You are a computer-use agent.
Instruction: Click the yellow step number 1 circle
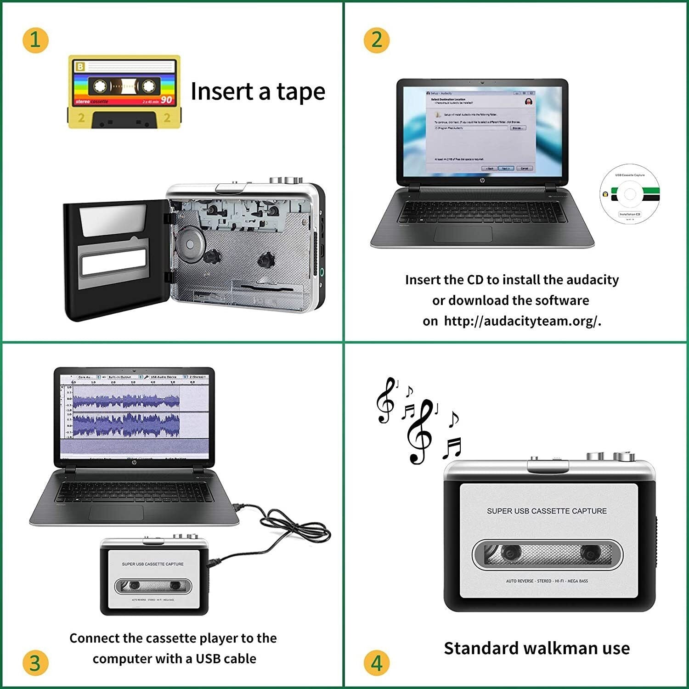[35, 40]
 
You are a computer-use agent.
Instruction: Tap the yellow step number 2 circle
[377, 40]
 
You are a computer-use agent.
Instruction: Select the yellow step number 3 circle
[35, 663]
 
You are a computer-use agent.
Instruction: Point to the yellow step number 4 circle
[377, 663]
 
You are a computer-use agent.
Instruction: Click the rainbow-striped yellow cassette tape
[124, 91]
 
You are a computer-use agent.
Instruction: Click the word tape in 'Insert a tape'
[301, 92]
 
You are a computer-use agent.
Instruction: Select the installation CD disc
[630, 194]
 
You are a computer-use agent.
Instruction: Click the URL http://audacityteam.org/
[522, 321]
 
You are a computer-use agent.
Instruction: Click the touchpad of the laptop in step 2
[463, 234]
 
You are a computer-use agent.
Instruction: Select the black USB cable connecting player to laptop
[285, 528]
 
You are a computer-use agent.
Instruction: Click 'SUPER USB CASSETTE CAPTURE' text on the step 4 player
[547, 511]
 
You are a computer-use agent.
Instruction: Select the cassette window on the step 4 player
[547, 554]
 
